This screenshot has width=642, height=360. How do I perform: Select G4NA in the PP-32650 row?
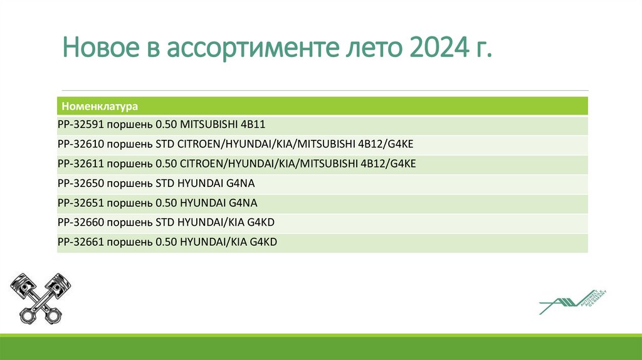click(242, 183)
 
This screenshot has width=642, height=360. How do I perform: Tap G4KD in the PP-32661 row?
click(263, 241)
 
